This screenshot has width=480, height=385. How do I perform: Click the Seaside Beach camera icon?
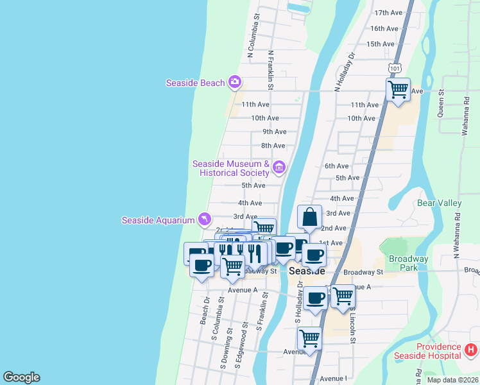235,81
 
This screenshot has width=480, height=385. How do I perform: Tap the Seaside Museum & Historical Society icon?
279,168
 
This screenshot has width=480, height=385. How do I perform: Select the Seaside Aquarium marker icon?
204,219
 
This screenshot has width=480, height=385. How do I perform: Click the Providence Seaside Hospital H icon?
470,350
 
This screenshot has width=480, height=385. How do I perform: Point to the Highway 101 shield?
394,67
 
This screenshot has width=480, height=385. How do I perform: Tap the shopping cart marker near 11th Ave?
398,89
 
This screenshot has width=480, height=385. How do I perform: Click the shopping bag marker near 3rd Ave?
309,217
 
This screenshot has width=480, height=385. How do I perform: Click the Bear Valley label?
440,203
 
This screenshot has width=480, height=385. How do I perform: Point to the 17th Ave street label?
388,12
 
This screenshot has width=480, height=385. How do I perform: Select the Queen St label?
441,103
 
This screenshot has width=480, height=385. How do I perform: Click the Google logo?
21,377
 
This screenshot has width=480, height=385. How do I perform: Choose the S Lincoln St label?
353,323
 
